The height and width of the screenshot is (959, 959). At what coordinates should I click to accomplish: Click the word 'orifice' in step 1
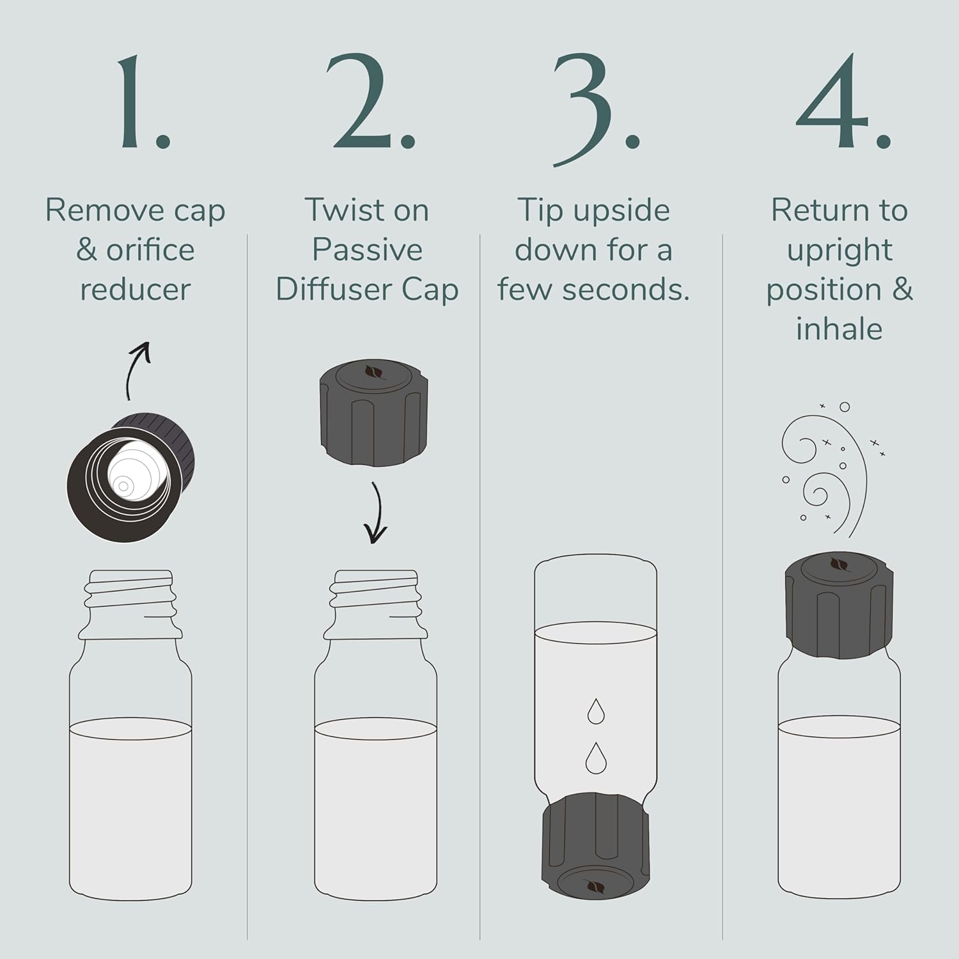(x=150, y=250)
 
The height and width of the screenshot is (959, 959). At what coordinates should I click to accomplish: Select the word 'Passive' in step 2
(x=367, y=250)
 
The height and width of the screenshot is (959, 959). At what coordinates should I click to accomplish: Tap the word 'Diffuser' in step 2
(x=334, y=290)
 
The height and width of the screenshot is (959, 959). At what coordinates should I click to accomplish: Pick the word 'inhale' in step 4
(x=839, y=329)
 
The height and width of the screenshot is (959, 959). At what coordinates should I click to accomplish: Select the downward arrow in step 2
(x=377, y=513)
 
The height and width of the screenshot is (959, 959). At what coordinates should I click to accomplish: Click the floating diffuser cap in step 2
(x=374, y=412)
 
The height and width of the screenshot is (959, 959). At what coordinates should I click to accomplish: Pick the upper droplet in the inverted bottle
(x=596, y=711)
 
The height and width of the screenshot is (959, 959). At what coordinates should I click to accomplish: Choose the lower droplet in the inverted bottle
(x=596, y=758)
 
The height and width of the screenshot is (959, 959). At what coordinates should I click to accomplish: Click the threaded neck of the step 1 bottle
(x=130, y=604)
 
